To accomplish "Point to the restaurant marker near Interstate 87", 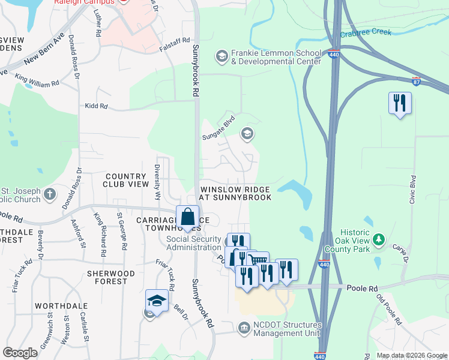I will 400,103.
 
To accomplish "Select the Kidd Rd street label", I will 96,106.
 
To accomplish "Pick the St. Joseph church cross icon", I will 49,194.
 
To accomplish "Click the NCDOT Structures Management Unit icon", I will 244,327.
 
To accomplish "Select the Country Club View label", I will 126,180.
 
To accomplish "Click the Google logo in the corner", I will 20,353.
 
